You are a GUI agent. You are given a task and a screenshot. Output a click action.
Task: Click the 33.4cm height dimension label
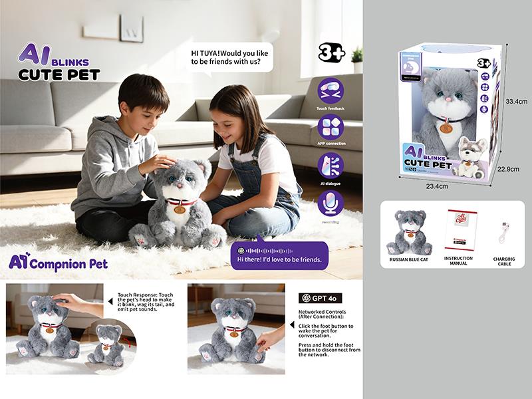pyautogui.click(x=516, y=102)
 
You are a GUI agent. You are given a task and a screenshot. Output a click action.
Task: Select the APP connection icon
pyautogui.click(x=331, y=126)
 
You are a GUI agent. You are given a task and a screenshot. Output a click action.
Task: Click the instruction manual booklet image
pyautogui.click(x=458, y=229)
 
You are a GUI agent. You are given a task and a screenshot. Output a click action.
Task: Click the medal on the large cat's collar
pyautogui.click(x=179, y=209)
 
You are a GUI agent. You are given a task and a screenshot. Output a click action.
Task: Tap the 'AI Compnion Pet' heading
pyautogui.click(x=59, y=263)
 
